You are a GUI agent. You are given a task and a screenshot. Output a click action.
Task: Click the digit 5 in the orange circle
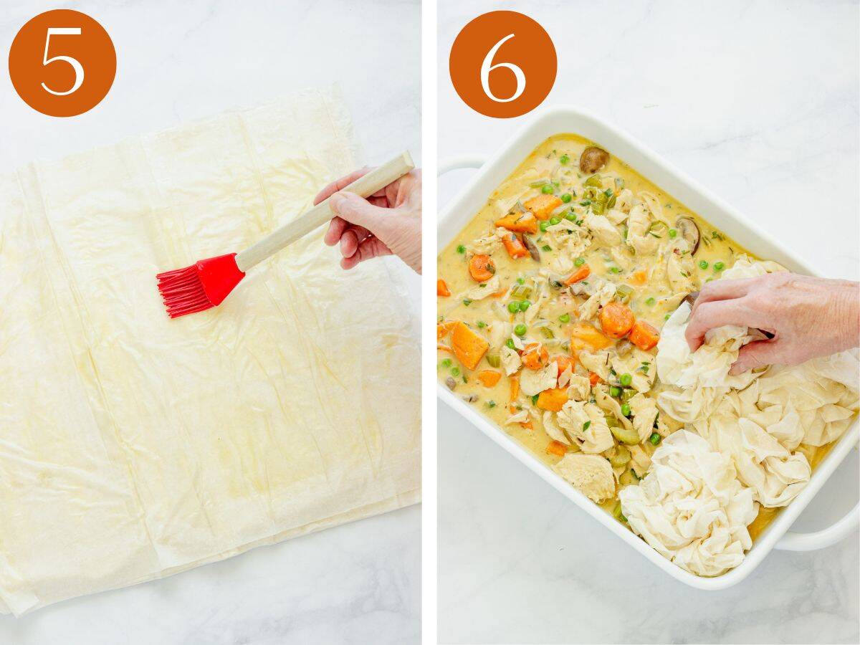62,62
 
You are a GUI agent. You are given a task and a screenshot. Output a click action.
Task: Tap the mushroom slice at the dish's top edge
593,159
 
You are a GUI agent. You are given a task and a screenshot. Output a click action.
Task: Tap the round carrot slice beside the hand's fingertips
616,320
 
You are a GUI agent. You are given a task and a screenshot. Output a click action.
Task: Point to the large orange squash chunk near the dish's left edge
469,345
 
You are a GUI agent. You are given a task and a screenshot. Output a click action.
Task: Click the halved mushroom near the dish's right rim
688,233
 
